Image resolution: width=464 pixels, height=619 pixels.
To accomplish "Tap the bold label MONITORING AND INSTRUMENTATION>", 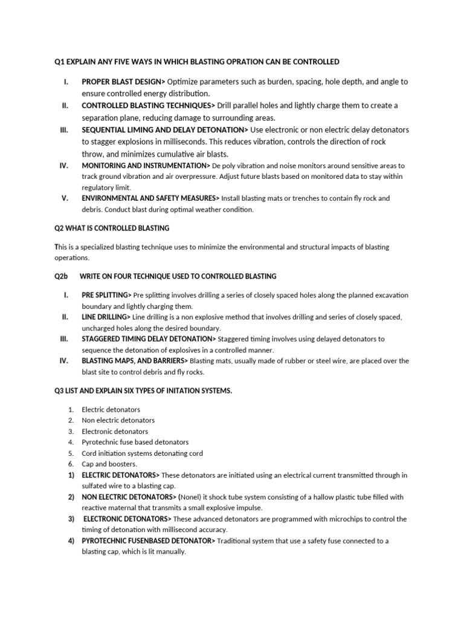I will pyautogui.click(x=146, y=165).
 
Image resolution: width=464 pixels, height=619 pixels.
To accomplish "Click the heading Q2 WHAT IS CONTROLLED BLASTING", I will pyautogui.click(x=112, y=228).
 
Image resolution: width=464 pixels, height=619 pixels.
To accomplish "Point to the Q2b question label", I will pyautogui.click(x=62, y=276).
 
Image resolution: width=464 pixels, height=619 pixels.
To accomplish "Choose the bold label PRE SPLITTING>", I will pyautogui.click(x=106, y=295).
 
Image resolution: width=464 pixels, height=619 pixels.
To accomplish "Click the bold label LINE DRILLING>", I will pyautogui.click(x=106, y=317).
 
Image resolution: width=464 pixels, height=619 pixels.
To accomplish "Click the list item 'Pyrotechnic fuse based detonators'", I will pyautogui.click(x=135, y=442).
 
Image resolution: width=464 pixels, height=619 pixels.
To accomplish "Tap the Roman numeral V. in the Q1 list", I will pyautogui.click(x=65, y=198).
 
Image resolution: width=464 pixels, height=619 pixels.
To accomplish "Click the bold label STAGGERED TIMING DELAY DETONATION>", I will pyautogui.click(x=149, y=339).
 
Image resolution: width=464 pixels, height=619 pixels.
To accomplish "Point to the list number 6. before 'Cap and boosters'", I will pyautogui.click(x=71, y=464).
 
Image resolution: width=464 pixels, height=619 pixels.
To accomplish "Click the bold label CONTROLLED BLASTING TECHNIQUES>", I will pyautogui.click(x=149, y=106).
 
